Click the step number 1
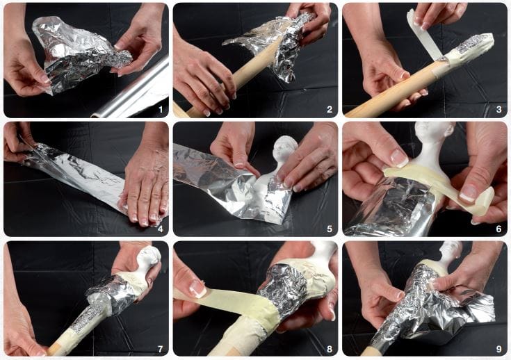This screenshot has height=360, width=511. coord(161,110)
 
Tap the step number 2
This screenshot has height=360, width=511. coord(330,110)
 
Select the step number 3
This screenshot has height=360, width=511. coord(498,110)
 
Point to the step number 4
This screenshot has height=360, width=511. coord(161,229)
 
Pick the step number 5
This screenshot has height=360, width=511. coord(330,229)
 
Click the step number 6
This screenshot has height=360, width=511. coord(498,229)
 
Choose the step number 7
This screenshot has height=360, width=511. coord(161,350)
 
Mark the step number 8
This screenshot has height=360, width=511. coord(330,350)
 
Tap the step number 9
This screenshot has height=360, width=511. coord(498,350)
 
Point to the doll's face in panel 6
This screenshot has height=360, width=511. coord(430,133)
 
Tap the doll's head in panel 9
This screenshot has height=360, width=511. coord(451,250)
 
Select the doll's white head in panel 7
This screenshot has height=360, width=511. coord(148,257)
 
